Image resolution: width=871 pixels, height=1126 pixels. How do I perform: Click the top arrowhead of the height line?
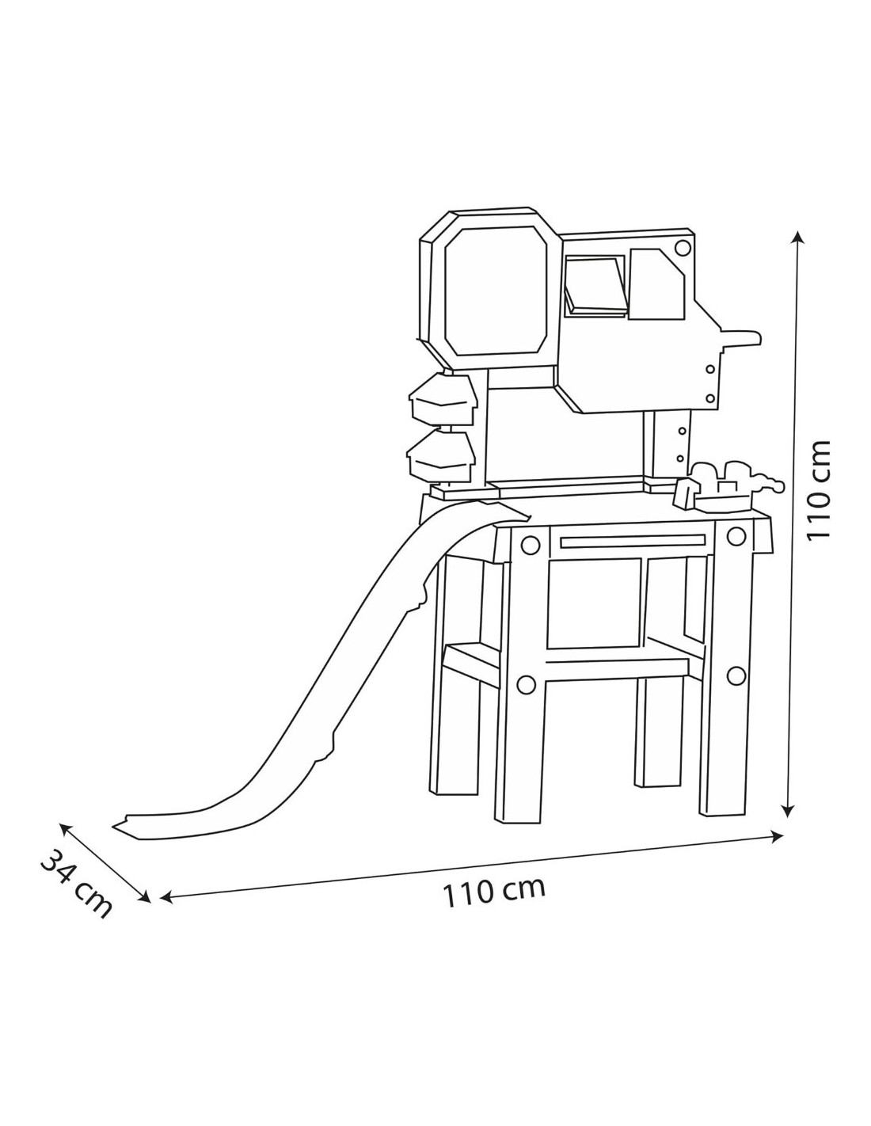point(797,238)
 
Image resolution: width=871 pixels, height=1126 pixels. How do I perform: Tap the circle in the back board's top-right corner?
point(683,247)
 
